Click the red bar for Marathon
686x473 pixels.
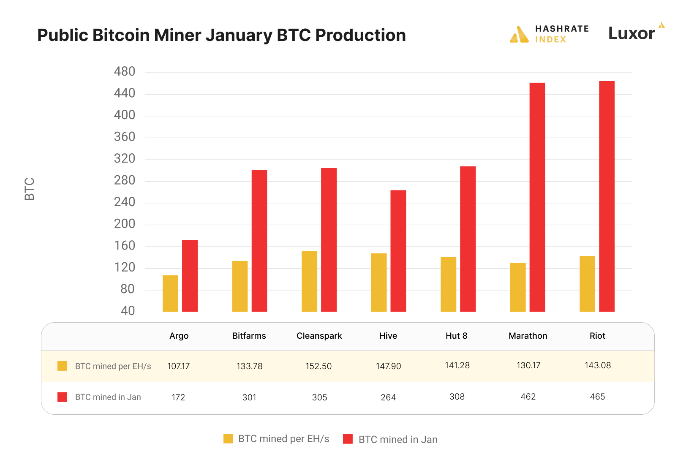(537, 197)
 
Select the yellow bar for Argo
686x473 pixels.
(170, 294)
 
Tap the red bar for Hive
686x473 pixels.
(398, 251)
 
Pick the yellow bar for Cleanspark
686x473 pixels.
(309, 281)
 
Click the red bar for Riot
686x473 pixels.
(607, 196)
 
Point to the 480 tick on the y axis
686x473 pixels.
(125, 72)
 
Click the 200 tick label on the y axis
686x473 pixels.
(125, 224)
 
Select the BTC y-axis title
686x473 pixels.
(30, 189)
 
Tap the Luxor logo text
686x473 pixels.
(631, 33)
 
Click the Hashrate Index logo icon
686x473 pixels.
(519, 35)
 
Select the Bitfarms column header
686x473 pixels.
(249, 336)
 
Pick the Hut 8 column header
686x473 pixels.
(456, 336)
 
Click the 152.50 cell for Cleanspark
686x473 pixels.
(318, 366)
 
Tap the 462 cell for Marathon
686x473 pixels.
(528, 397)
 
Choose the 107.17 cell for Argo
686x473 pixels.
(178, 366)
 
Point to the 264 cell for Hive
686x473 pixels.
(388, 397)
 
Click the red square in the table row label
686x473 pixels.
(62, 397)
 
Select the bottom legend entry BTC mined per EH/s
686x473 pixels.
(277, 439)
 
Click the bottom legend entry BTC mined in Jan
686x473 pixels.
(390, 439)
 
